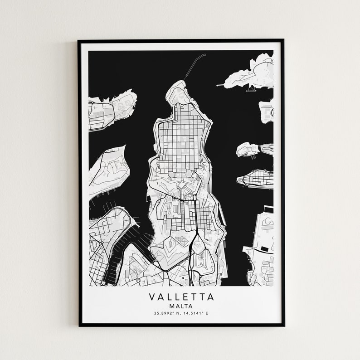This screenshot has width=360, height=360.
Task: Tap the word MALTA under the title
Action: coord(181,306)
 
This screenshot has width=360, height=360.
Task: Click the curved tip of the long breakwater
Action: coord(204,55)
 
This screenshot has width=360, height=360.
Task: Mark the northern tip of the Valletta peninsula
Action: coord(178,83)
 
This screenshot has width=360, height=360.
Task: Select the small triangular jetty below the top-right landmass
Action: coord(250,89)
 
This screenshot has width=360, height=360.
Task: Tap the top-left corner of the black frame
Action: coord(79,41)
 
